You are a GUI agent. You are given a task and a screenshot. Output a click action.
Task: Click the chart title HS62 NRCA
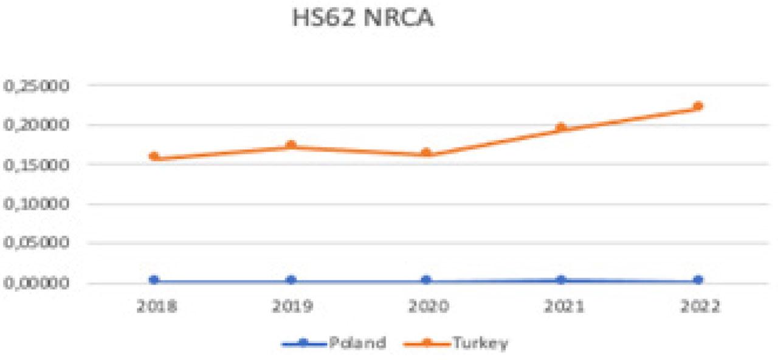click(363, 18)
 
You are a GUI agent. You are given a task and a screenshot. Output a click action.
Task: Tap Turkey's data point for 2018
click(154, 156)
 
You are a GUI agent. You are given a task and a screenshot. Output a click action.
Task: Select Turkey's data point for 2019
click(291, 145)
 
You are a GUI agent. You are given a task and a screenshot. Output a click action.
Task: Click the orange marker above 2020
click(427, 153)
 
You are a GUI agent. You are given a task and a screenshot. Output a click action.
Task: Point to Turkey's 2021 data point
click(561, 127)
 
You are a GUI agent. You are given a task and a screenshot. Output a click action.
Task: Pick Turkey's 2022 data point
click(698, 106)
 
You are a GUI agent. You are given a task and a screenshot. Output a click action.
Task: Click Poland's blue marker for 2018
click(154, 280)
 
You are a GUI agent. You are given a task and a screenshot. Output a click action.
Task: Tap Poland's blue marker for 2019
click(291, 280)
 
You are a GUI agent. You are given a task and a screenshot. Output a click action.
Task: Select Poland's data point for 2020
click(427, 280)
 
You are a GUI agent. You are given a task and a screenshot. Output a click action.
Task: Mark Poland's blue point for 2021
click(561, 279)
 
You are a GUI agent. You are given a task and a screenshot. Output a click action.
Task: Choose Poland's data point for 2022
click(698, 280)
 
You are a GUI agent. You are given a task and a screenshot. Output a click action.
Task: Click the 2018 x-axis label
click(156, 306)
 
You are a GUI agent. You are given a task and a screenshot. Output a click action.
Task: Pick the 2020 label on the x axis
click(429, 306)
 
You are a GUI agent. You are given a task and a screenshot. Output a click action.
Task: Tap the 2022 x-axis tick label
click(700, 306)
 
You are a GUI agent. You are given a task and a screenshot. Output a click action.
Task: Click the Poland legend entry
click(334, 343)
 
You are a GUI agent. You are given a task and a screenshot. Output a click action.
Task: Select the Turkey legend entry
click(456, 343)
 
